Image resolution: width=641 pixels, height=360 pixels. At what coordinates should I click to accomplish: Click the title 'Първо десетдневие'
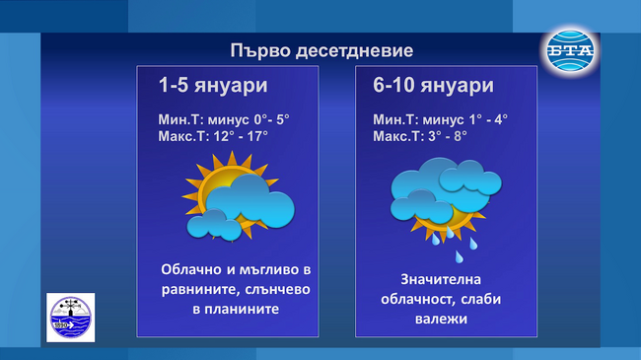pyautogui.click(x=321, y=50)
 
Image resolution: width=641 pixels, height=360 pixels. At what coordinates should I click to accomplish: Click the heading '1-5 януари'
pyautogui.click(x=213, y=86)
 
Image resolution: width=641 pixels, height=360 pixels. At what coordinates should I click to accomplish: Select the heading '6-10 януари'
pyautogui.click(x=433, y=86)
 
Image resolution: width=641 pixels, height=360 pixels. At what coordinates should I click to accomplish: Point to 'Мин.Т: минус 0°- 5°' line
pyautogui.click(x=224, y=118)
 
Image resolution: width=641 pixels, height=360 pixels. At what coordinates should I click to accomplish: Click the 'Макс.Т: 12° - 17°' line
pyautogui.click(x=213, y=136)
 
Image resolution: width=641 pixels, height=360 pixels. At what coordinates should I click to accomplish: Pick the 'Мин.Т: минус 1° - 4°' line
pyautogui.click(x=441, y=118)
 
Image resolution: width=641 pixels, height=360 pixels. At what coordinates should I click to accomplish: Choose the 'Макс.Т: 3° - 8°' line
pyautogui.click(x=420, y=136)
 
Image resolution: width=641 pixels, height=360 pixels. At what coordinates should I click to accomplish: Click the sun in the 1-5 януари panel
pyautogui.click(x=211, y=188)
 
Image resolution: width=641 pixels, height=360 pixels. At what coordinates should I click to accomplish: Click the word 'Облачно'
pyautogui.click(x=195, y=269)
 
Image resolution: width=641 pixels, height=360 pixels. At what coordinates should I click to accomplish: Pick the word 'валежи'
pyautogui.click(x=447, y=320)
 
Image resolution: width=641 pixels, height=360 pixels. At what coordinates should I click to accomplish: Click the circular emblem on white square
pyautogui.click(x=70, y=318)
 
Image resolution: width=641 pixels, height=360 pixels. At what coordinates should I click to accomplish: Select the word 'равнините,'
pyautogui.click(x=193, y=289)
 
